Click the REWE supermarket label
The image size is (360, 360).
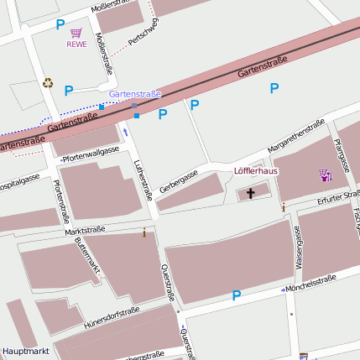click(x=77, y=44)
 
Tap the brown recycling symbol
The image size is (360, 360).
click(x=48, y=83)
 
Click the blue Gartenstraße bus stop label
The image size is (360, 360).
click(x=135, y=94)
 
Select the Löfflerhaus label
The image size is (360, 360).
click(x=255, y=171)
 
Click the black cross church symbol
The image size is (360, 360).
click(x=250, y=194)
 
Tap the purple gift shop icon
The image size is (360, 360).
click(x=326, y=175)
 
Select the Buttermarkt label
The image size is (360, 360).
click(x=88, y=258)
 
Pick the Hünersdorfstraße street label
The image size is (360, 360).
click(x=112, y=317)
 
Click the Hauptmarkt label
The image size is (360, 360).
click(x=25, y=350)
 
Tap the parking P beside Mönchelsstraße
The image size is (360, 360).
click(x=237, y=295)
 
